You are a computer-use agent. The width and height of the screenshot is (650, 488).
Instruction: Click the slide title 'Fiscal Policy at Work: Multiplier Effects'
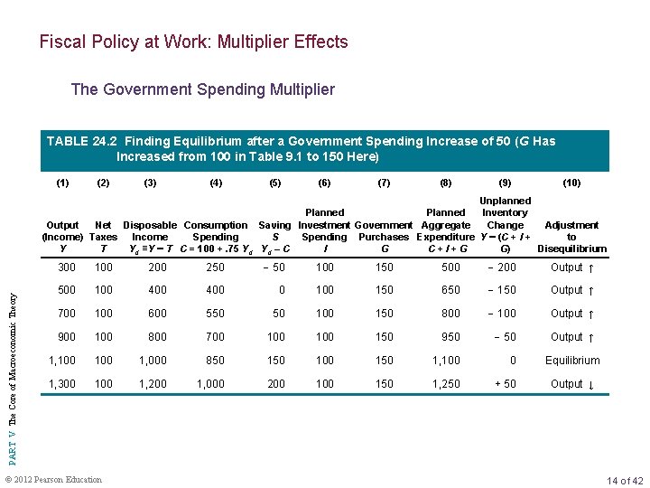click(193, 42)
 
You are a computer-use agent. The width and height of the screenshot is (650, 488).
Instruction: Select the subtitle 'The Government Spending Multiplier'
click(202, 89)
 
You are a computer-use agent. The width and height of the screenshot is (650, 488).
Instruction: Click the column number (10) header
click(571, 183)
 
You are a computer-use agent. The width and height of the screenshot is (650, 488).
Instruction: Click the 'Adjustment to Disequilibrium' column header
click(571, 237)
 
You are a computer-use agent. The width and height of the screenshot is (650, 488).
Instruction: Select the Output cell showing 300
click(66, 267)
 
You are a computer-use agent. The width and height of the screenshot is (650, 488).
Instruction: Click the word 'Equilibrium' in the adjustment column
click(571, 361)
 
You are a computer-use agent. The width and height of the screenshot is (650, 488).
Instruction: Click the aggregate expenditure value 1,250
click(446, 384)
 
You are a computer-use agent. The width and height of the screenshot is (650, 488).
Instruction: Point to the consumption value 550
click(215, 314)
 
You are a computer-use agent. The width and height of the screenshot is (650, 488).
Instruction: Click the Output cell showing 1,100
click(63, 361)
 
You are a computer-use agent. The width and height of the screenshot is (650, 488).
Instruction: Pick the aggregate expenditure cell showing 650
click(450, 290)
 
